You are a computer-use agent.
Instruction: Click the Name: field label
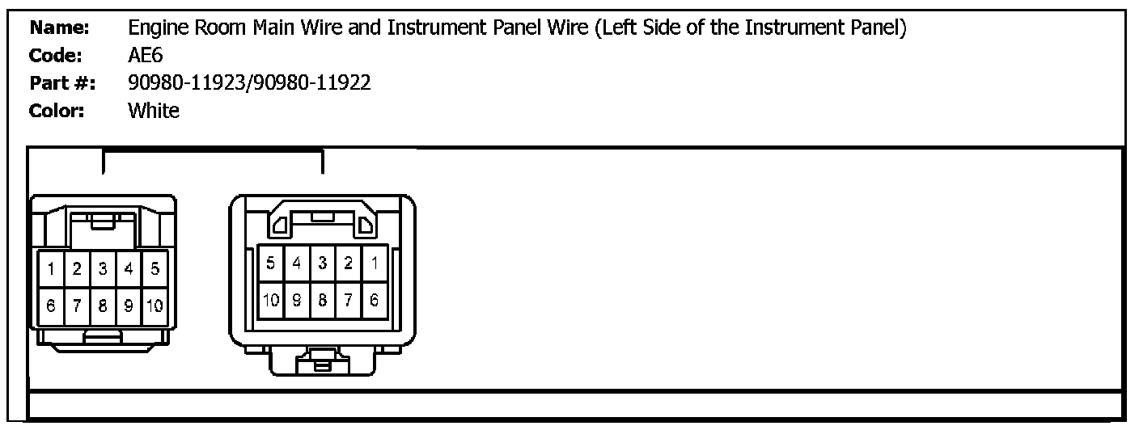(59, 27)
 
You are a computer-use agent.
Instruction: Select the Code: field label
(56, 55)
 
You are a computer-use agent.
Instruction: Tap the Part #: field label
(62, 82)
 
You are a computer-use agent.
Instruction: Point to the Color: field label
(57, 111)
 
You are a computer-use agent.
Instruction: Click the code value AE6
(146, 55)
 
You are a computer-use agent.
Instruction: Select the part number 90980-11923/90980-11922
(249, 82)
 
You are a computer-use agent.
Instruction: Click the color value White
(154, 111)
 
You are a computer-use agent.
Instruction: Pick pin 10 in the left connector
(155, 306)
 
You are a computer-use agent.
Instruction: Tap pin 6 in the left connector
(51, 306)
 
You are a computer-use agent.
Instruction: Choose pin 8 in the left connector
(103, 306)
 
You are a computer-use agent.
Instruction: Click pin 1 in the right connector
(375, 263)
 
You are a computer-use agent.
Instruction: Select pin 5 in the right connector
(270, 263)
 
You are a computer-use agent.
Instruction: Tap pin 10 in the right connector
(270, 301)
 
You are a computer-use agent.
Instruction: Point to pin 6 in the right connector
(375, 301)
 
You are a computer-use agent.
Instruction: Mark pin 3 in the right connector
(322, 263)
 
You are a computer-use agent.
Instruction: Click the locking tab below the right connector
(321, 361)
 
